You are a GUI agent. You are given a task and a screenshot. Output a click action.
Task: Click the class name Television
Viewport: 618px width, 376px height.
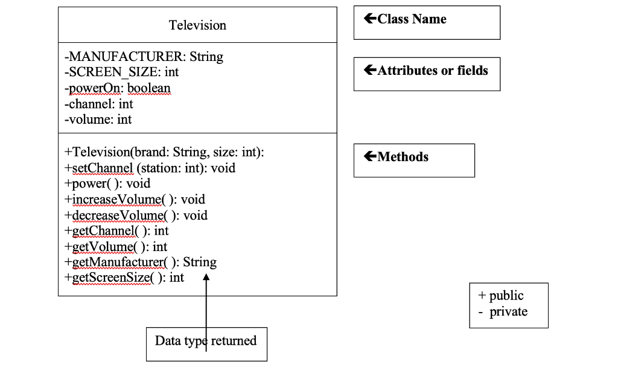pyautogui.click(x=197, y=25)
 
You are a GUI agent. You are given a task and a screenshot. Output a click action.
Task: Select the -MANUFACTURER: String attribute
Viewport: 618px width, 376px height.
pyautogui.click(x=144, y=57)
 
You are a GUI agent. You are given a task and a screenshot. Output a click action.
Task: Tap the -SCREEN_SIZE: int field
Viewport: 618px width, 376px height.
pyautogui.click(x=121, y=72)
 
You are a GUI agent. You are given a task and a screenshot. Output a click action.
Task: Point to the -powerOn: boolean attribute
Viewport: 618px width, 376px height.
pyautogui.click(x=118, y=88)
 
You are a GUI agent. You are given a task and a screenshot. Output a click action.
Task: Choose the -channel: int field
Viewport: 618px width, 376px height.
pyautogui.click(x=98, y=104)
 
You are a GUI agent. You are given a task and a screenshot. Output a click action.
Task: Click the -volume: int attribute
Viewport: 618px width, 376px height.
pyautogui.click(x=98, y=119)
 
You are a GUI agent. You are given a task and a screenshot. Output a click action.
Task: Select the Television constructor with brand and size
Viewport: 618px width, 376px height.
pyautogui.click(x=164, y=153)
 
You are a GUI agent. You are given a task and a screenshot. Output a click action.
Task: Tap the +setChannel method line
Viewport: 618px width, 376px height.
pyautogui.click(x=150, y=168)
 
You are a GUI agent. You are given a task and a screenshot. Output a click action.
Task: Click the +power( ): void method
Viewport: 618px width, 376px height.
pyautogui.click(x=107, y=183)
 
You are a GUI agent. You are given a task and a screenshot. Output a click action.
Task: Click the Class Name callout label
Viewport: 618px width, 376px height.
pyautogui.click(x=406, y=19)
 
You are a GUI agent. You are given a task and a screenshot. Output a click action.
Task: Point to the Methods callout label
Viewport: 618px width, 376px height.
pyautogui.click(x=397, y=157)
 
